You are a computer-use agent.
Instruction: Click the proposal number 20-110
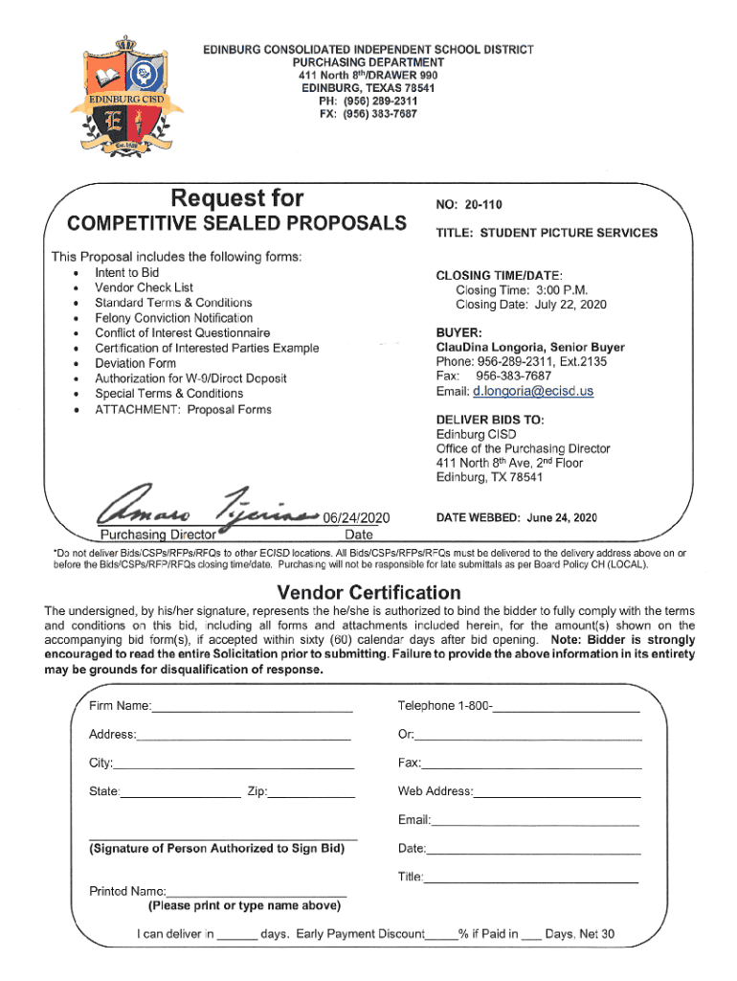point(484,205)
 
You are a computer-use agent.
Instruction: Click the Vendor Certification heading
point(368,592)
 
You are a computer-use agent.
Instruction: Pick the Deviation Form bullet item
point(135,363)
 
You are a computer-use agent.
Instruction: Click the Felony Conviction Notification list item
point(173,317)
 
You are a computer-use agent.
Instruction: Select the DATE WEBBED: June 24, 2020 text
point(516,517)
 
